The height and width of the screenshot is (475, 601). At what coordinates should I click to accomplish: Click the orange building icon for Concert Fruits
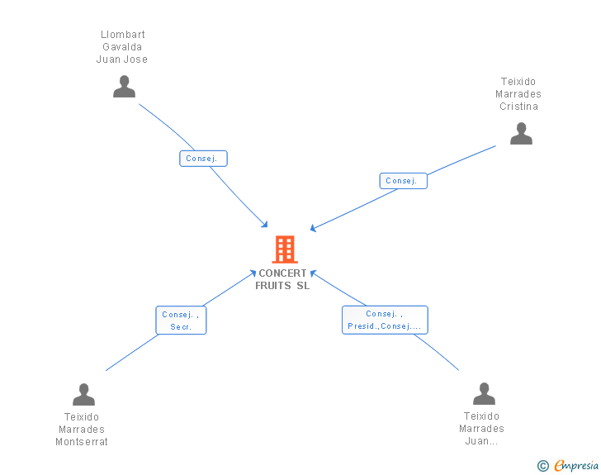pyautogui.click(x=284, y=249)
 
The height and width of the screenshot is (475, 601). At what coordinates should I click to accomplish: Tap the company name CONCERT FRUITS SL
pyautogui.click(x=282, y=279)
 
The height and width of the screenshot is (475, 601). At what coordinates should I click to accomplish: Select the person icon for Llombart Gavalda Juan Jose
pyautogui.click(x=124, y=87)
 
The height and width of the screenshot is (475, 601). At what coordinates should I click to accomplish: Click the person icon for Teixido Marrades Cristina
pyautogui.click(x=521, y=134)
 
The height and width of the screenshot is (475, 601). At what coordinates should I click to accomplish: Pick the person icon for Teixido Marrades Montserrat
pyautogui.click(x=83, y=395)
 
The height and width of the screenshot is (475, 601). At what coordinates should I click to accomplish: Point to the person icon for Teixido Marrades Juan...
pyautogui.click(x=484, y=394)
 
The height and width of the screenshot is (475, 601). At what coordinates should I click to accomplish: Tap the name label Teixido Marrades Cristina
pyautogui.click(x=518, y=94)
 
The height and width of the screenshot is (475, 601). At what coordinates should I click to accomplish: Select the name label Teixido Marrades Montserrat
pyautogui.click(x=82, y=429)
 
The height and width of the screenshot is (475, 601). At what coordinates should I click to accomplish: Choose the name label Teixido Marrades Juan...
pyautogui.click(x=482, y=429)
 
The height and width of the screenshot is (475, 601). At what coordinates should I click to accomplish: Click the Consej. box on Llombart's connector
pyautogui.click(x=203, y=159)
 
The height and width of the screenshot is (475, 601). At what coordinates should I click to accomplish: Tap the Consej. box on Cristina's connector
pyautogui.click(x=403, y=181)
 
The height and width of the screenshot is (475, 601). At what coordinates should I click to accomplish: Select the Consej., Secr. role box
pyautogui.click(x=181, y=321)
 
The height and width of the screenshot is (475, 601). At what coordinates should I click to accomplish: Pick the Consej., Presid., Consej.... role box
pyautogui.click(x=385, y=320)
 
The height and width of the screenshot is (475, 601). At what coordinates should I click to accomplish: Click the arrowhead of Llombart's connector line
pyautogui.click(x=265, y=225)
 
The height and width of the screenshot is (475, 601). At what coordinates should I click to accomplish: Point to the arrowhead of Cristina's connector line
pyautogui.click(x=313, y=229)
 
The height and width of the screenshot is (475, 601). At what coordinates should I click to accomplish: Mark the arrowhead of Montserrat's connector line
pyautogui.click(x=253, y=272)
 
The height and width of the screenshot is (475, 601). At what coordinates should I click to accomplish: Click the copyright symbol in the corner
pyautogui.click(x=542, y=466)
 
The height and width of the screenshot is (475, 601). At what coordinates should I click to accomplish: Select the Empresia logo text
pyautogui.click(x=576, y=465)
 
